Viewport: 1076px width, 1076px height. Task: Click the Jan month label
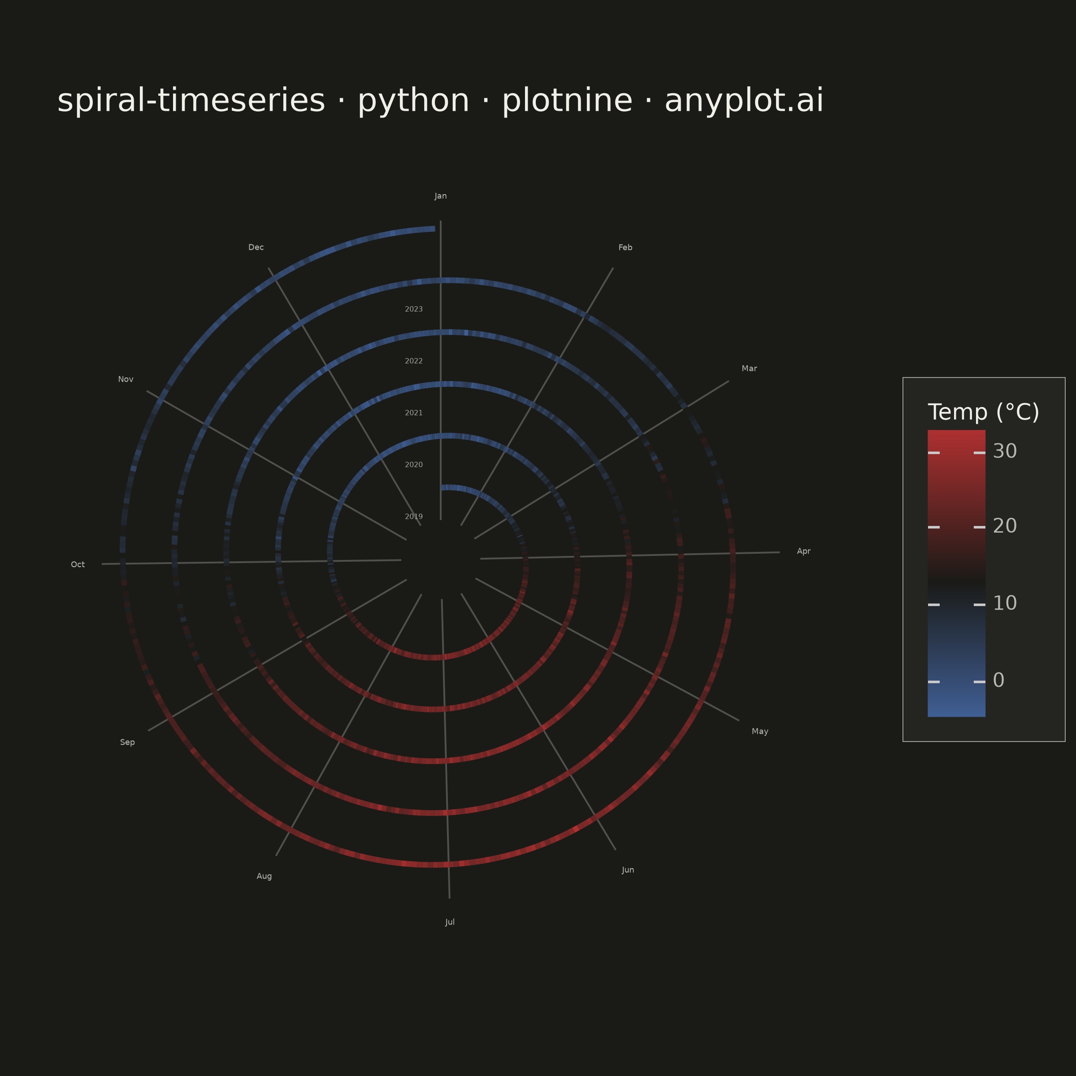pyautogui.click(x=441, y=196)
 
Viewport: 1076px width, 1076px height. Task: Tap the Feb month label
pyautogui.click(x=625, y=247)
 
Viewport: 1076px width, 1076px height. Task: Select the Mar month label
pyautogui.click(x=749, y=369)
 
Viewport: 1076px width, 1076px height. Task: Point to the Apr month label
pyautogui.click(x=804, y=551)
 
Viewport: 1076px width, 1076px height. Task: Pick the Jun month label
pyautogui.click(x=628, y=870)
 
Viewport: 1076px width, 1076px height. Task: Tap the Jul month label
pyautogui.click(x=450, y=922)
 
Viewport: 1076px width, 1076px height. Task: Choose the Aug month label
pyautogui.click(x=264, y=876)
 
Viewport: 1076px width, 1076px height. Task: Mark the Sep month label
pyautogui.click(x=127, y=742)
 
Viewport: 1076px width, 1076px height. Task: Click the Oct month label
pyautogui.click(x=78, y=565)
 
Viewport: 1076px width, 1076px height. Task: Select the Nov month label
pyautogui.click(x=126, y=379)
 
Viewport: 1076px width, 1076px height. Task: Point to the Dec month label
pyautogui.click(x=256, y=247)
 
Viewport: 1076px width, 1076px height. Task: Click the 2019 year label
pyautogui.click(x=414, y=517)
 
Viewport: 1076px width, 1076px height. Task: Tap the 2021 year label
pyautogui.click(x=414, y=412)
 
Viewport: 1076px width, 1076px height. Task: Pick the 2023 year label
pyautogui.click(x=414, y=309)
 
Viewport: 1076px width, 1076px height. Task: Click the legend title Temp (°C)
pyautogui.click(x=984, y=412)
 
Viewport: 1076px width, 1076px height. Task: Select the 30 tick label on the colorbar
pyautogui.click(x=1005, y=451)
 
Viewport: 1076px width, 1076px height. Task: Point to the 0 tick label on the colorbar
pyautogui.click(x=998, y=680)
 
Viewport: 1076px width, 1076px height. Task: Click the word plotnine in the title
pyautogui.click(x=567, y=101)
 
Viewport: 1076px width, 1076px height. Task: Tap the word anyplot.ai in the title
pyautogui.click(x=744, y=101)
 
